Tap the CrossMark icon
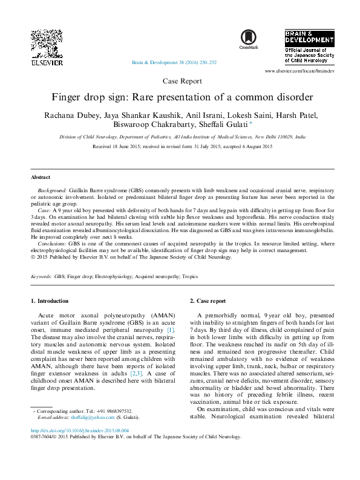249,39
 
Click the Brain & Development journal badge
309,47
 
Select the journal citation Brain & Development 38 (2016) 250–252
174,62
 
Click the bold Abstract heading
41,177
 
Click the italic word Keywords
41,276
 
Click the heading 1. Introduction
50,300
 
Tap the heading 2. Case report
208,300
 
